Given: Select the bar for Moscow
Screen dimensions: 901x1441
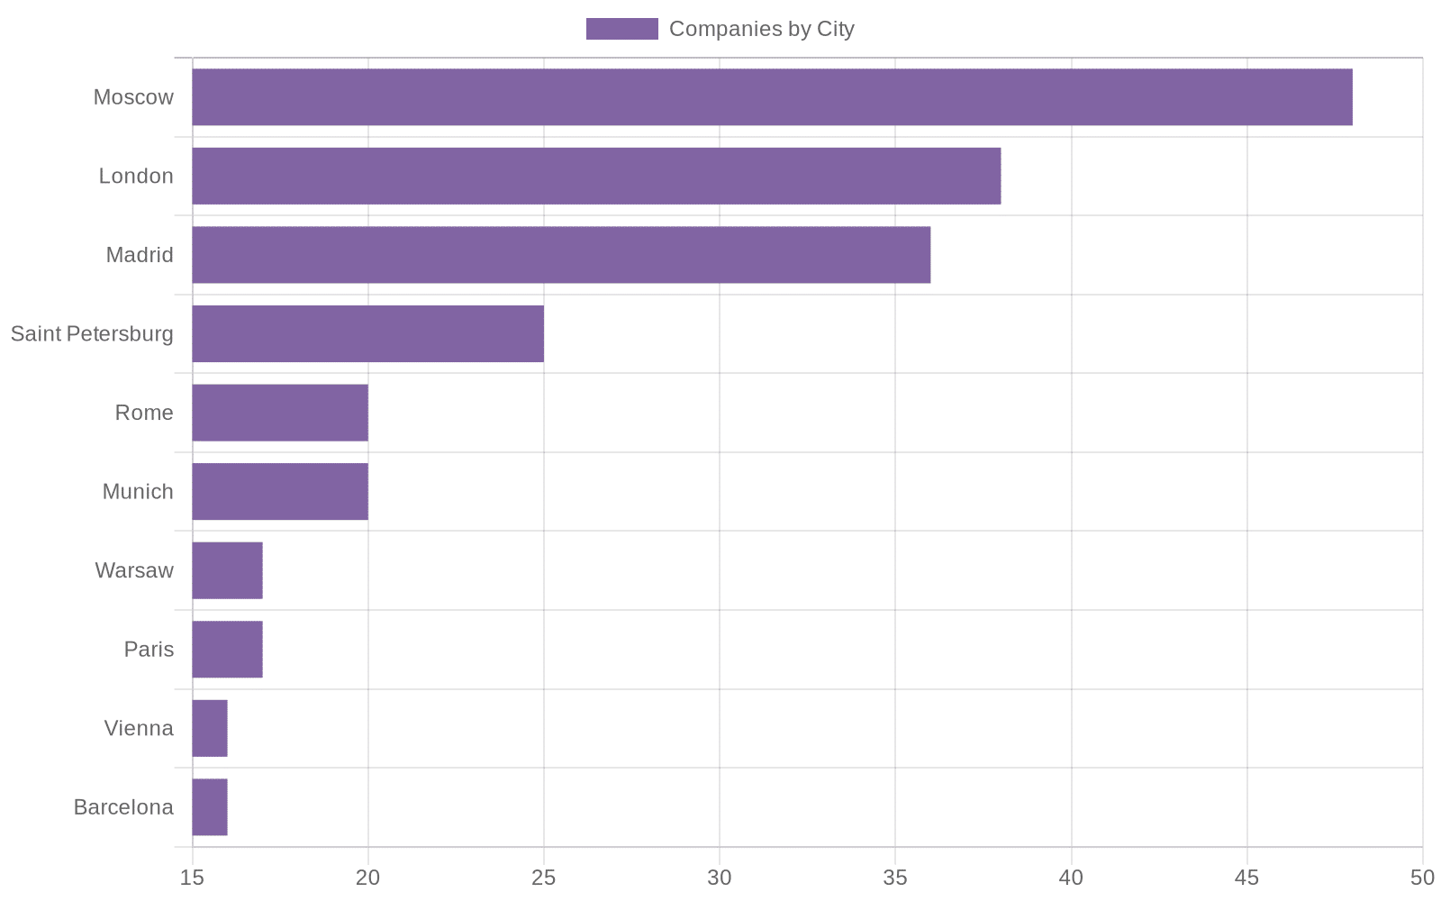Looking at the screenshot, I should click(x=772, y=97).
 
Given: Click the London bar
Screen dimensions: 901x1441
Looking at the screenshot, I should click(x=596, y=176).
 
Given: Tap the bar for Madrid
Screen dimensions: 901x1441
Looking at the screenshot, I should click(x=561, y=255).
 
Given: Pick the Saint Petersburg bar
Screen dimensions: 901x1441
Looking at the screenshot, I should click(x=367, y=333).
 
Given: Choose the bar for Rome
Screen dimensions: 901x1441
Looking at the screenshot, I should click(x=280, y=413).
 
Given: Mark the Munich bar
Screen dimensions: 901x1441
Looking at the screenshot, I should click(x=280, y=491).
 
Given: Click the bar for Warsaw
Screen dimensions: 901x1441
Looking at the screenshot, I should click(x=227, y=570).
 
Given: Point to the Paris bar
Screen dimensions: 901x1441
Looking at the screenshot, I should click(x=227, y=649).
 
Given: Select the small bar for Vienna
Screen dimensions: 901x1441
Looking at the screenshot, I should click(x=210, y=728).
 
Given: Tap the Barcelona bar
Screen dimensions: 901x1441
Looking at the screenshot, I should click(x=210, y=807).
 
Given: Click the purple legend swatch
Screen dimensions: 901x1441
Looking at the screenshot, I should click(x=621, y=29).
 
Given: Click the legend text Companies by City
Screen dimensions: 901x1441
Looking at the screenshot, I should click(x=761, y=29).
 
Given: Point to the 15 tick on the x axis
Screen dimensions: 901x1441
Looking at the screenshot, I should click(x=192, y=877).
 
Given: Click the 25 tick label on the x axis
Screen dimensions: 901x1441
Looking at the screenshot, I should click(x=544, y=877).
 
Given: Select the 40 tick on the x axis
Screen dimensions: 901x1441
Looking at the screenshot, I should click(x=1071, y=877).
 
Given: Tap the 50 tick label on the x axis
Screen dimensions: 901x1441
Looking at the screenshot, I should click(x=1422, y=877).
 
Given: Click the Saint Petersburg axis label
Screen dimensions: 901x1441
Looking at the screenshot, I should click(x=92, y=333).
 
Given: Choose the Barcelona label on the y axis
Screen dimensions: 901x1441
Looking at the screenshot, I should click(x=123, y=807).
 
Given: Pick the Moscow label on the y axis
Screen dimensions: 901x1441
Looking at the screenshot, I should click(x=133, y=97).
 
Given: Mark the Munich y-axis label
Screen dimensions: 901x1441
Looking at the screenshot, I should click(x=138, y=491).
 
